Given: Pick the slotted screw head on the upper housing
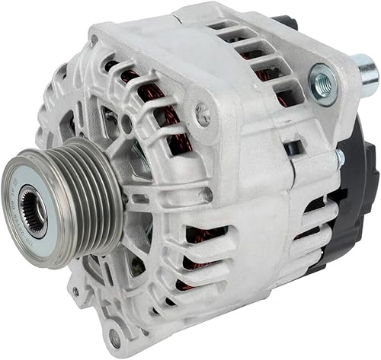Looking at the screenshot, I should [202, 115].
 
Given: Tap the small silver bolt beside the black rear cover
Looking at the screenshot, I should [338, 158].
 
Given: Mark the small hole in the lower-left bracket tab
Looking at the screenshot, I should [75, 292].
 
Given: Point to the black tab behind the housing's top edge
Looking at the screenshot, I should [284, 24].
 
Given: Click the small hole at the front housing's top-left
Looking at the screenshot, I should [94, 40].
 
